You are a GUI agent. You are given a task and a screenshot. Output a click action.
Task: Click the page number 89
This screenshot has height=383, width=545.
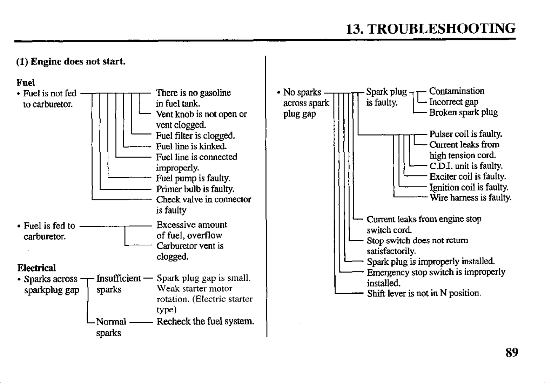512,353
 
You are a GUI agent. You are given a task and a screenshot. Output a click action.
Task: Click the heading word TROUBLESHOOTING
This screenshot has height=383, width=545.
441,29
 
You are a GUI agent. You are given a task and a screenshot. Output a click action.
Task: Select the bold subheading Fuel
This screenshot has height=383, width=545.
26,82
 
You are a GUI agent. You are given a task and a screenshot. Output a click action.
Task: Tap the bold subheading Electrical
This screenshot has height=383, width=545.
37,268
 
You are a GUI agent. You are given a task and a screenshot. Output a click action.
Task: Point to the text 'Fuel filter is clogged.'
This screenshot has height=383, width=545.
195,136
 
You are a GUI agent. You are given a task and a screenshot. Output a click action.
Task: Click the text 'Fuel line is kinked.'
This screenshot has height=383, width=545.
191,146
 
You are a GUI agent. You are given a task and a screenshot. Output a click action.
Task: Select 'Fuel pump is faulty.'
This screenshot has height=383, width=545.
193,178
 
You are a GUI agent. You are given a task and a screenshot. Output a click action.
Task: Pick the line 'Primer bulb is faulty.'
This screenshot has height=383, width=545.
195,189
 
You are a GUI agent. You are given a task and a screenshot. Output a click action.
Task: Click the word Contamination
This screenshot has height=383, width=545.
457,91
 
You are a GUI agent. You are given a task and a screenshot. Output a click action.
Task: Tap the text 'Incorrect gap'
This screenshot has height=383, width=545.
454,102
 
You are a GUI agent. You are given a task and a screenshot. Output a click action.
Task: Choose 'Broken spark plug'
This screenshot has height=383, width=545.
463,113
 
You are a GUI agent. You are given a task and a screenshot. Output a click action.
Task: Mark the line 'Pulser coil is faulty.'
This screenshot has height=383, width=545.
466,134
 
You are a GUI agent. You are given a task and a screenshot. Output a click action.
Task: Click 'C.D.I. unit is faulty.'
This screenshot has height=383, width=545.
466,166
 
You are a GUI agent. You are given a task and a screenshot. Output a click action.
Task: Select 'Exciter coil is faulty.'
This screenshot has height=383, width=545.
468,176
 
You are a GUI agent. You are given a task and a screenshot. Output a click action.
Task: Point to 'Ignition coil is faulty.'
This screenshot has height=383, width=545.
469,187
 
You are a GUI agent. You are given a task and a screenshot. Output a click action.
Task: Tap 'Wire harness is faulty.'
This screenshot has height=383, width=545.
470,198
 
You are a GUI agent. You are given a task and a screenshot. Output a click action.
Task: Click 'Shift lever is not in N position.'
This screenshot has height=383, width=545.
424,293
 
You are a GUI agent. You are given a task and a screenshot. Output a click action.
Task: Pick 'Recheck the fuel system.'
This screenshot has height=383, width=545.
206,322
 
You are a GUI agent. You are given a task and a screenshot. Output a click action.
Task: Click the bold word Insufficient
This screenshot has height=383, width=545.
118,279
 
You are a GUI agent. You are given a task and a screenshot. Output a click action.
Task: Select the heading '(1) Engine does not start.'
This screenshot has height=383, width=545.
71,61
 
